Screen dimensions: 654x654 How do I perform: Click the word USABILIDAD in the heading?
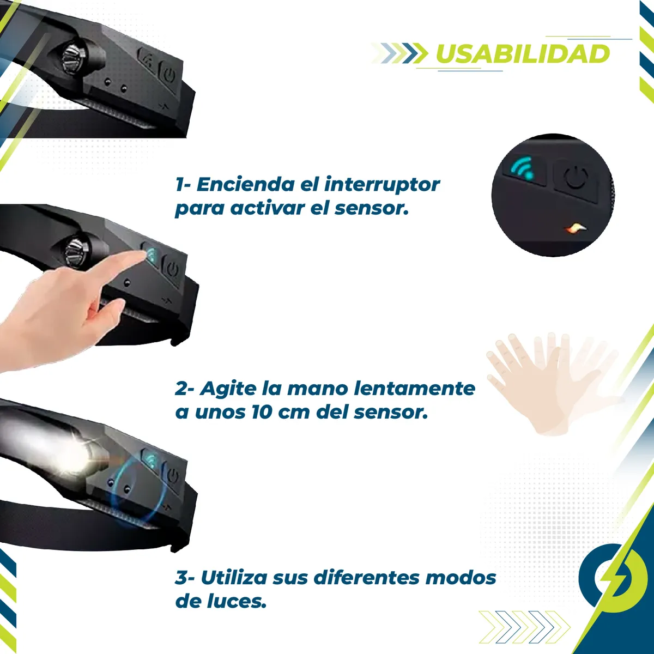click(x=523, y=54)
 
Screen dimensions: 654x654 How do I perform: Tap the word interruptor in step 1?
click(x=382, y=184)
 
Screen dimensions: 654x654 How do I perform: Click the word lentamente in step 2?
click(x=414, y=388)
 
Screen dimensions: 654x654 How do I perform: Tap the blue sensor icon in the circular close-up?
click(x=523, y=168)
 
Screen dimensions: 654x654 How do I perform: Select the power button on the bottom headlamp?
click(x=172, y=476)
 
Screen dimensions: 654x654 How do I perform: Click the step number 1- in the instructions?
click(x=184, y=184)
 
